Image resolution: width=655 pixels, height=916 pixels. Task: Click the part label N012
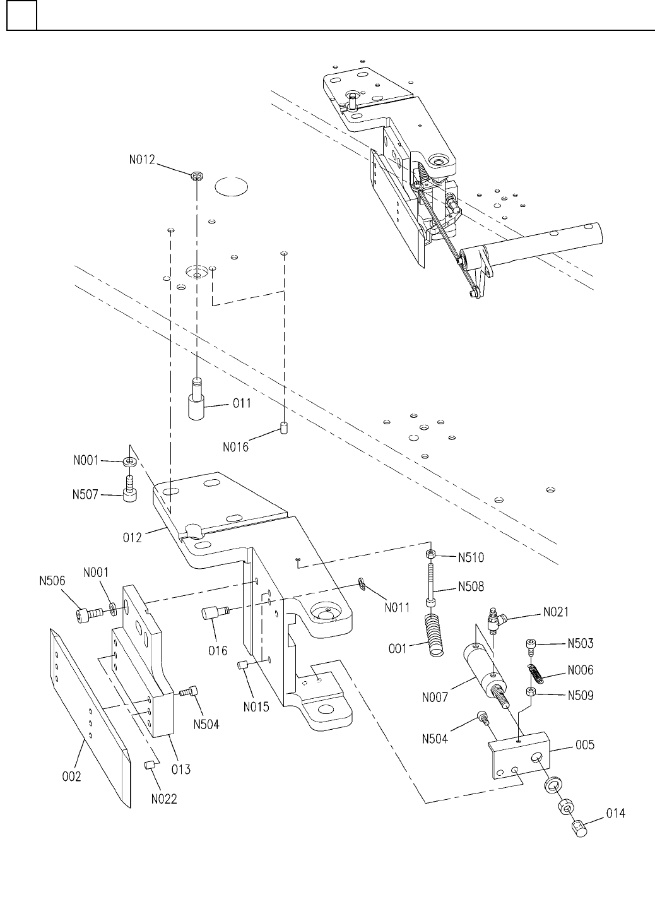pyautogui.click(x=142, y=160)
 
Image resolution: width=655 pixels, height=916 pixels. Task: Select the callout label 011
pyautogui.click(x=242, y=403)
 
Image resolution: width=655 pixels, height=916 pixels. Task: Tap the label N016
pyautogui.click(x=235, y=447)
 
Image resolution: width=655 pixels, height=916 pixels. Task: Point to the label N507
pyautogui.click(x=85, y=495)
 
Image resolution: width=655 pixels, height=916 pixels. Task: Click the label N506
pyautogui.click(x=52, y=581)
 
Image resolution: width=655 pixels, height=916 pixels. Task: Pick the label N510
pyautogui.click(x=471, y=557)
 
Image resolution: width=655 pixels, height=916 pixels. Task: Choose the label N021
pyautogui.click(x=556, y=612)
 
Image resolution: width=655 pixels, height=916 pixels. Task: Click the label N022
pyautogui.click(x=164, y=799)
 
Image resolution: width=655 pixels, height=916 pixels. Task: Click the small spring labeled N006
pyautogui.click(x=536, y=673)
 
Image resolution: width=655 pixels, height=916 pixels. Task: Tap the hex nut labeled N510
pyautogui.click(x=431, y=554)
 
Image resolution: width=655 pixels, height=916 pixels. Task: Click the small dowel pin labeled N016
pyautogui.click(x=284, y=428)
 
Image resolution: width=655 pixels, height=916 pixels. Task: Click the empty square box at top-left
pyautogui.click(x=21, y=15)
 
